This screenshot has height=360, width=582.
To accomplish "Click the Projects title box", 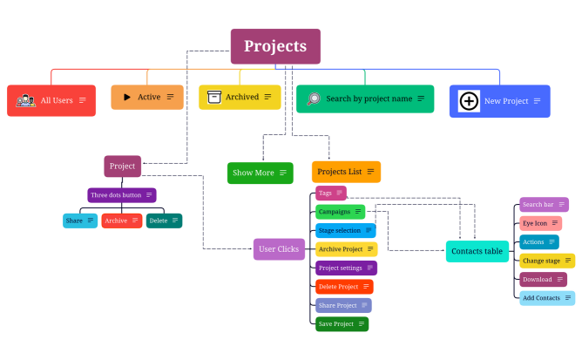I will [x=275, y=46].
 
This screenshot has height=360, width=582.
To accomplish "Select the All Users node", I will [x=51, y=100].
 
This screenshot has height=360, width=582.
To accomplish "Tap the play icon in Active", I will [x=127, y=97].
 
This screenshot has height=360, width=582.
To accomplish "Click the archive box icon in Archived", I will [x=214, y=97].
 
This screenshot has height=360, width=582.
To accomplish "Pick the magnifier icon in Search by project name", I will [x=313, y=98].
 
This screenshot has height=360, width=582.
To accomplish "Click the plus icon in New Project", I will [x=469, y=101].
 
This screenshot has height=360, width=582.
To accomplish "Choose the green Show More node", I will [x=260, y=173].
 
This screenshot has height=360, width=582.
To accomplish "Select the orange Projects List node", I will [x=346, y=172].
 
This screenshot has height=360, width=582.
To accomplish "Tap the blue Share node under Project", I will [x=80, y=221].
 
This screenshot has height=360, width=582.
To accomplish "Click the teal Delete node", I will [x=164, y=221].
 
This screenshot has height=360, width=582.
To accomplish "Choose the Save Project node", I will [x=342, y=323].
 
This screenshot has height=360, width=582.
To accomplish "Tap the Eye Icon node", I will [x=540, y=223].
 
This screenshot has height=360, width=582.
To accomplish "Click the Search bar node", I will [x=544, y=205].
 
